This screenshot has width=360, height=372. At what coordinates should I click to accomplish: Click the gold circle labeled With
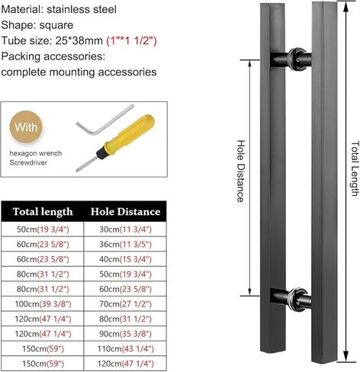[x=26, y=127]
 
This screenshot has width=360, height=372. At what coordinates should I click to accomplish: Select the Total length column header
[x=43, y=212]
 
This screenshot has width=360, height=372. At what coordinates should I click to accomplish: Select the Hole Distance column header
[x=126, y=212]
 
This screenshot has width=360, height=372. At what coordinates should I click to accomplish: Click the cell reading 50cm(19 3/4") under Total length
[x=43, y=229]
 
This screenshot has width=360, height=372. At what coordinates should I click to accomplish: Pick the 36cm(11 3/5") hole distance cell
[x=125, y=245]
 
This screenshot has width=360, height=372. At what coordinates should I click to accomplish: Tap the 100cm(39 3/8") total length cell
[x=43, y=304]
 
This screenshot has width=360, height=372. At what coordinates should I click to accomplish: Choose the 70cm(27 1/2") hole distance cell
[x=125, y=304]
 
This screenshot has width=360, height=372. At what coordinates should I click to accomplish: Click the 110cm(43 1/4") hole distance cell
[x=125, y=348]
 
